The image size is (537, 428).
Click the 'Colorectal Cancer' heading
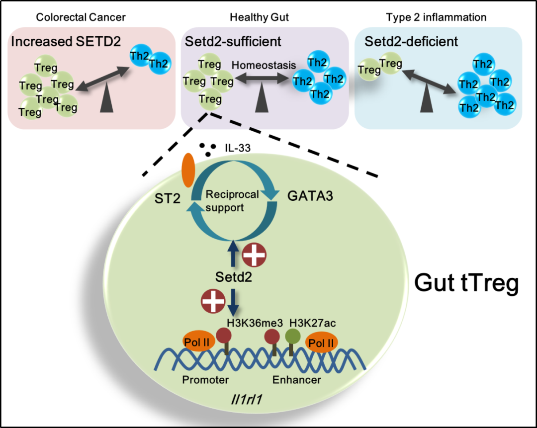(81, 17)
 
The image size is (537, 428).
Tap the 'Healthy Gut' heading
(259, 17)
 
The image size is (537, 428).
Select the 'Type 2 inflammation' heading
(436, 17)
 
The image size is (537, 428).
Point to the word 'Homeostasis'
(264, 65)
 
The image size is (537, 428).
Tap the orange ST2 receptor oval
(188, 170)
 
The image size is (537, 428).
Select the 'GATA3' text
(310, 196)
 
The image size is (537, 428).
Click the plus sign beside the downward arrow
(212, 302)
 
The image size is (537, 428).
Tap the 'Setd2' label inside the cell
(234, 277)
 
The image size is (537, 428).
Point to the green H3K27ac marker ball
(292, 337)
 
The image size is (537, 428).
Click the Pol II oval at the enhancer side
(321, 342)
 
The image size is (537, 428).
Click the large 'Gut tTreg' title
(466, 284)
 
